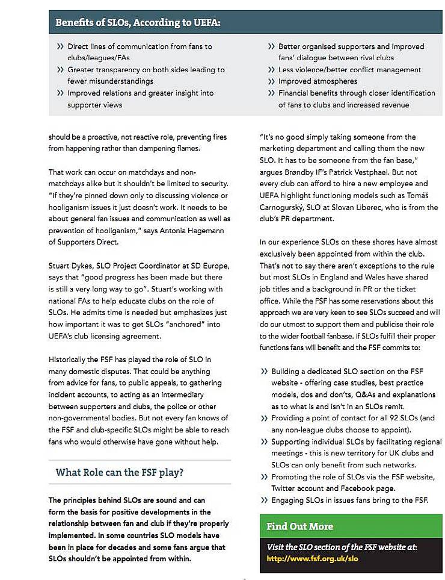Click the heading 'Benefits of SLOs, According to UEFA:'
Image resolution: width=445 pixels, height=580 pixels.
[x=138, y=23]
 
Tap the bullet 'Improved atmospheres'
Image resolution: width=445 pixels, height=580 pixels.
[x=318, y=81]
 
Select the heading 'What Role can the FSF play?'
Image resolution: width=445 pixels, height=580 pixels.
[x=120, y=472]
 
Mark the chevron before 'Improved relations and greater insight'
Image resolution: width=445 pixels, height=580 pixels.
[x=60, y=93]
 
